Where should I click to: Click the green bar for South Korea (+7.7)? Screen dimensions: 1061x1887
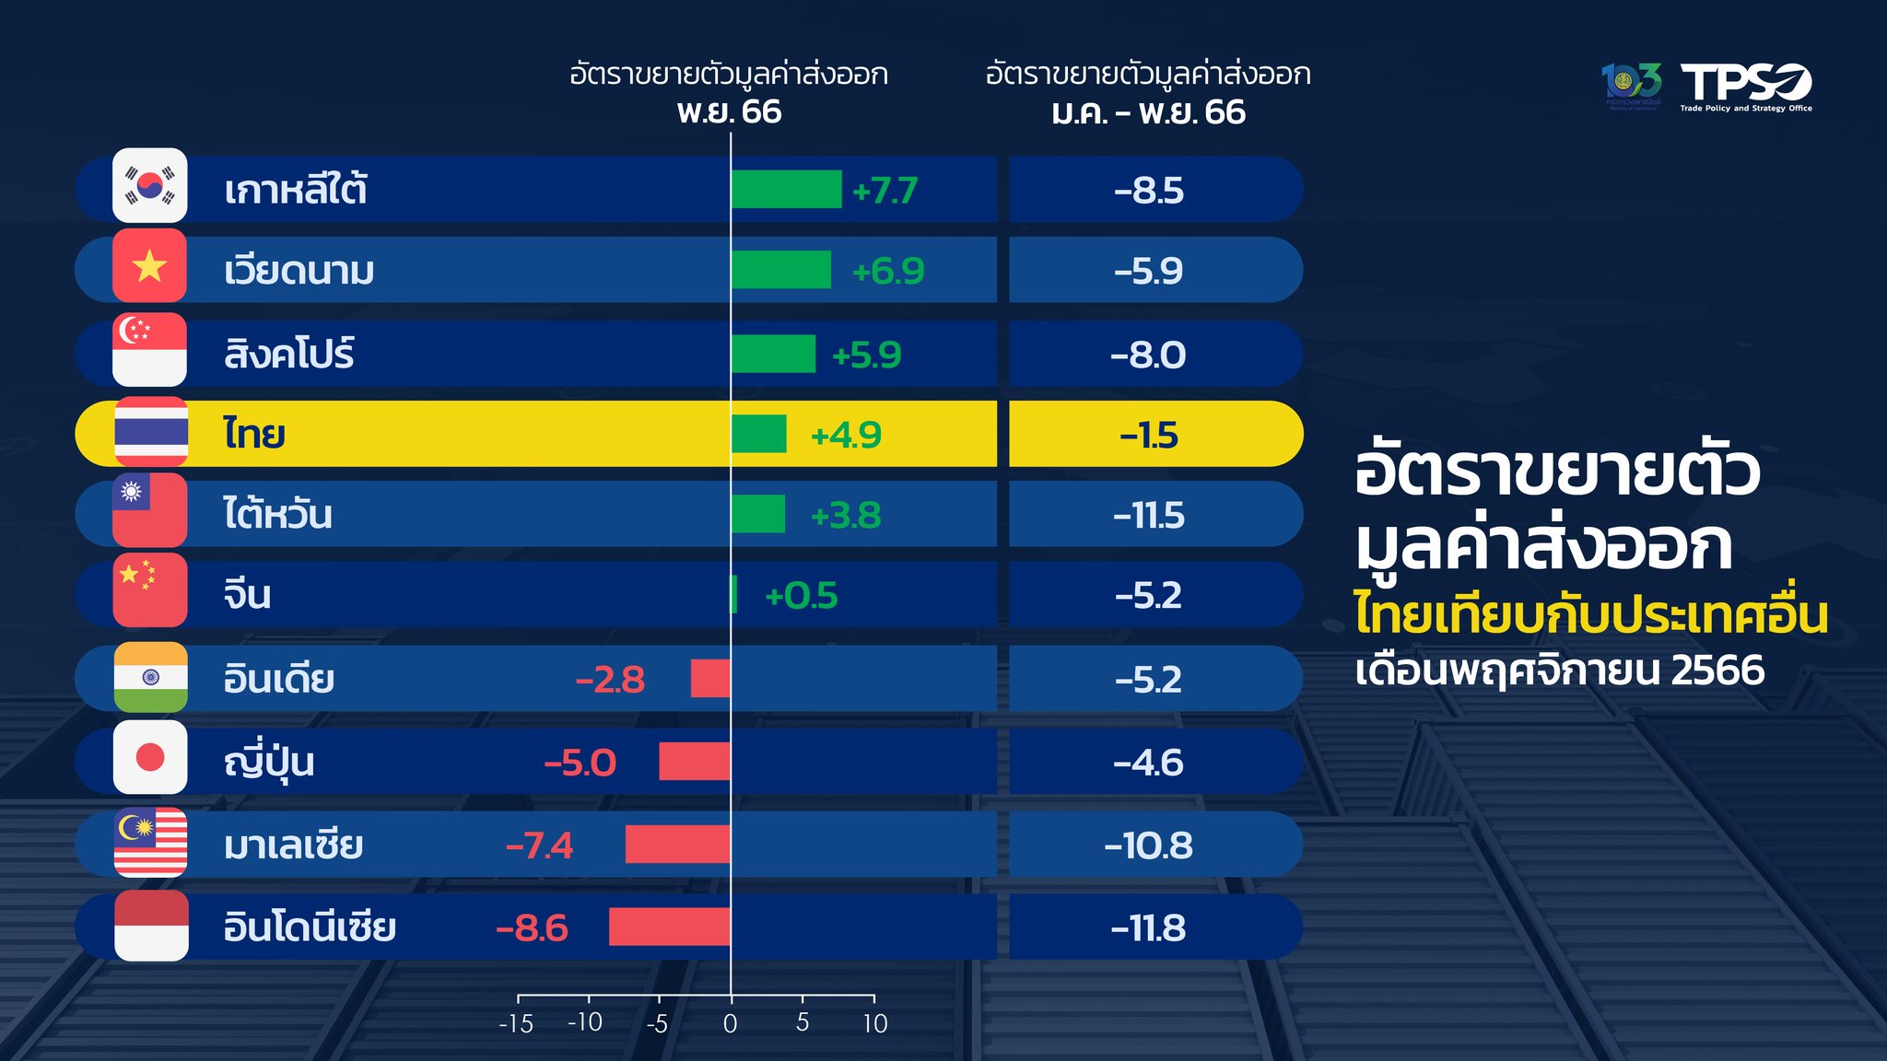pos(786,190)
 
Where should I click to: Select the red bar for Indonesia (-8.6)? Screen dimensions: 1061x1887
pos(670,927)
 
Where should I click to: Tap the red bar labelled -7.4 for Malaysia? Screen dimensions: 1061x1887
pos(678,845)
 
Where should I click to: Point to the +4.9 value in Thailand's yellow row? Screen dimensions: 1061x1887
pos(846,435)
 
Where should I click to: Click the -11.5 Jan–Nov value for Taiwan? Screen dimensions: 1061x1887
pos(1148,515)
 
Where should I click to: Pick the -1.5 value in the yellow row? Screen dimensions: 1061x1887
pos(1149,435)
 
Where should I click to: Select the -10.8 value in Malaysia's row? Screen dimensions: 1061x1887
pos(1148,845)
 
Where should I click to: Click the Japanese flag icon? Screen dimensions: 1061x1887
pos(150,758)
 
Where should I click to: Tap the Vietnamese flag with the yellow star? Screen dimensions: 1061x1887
pos(149,267)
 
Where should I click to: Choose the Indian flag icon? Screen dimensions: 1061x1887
pos(150,678)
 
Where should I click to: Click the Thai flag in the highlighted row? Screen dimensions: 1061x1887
pos(150,432)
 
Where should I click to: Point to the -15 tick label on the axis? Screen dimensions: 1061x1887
pos(516,1024)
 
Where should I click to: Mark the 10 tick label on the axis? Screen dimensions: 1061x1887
pos(875,1023)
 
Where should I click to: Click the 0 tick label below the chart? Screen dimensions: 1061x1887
pos(731,1023)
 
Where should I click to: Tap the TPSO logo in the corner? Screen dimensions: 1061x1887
pos(1745,86)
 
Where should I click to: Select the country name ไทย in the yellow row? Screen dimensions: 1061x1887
pos(254,433)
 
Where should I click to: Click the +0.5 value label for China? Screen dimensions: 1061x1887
pos(802,596)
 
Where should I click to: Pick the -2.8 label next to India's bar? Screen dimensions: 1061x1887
pos(610,680)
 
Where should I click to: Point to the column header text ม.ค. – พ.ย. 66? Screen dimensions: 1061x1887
pos(1148,112)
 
